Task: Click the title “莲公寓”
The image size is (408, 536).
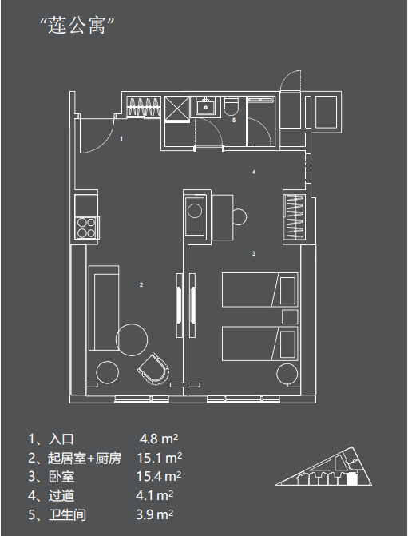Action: point(77,25)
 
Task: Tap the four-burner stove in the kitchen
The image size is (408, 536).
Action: point(86,228)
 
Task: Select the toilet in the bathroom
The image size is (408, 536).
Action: point(232,105)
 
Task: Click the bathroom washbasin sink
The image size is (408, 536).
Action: point(205,106)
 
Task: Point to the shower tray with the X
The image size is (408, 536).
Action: point(177,109)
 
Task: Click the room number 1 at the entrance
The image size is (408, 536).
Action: point(121,139)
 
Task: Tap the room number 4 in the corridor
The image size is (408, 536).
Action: point(254,172)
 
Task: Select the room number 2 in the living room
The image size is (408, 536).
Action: point(141,284)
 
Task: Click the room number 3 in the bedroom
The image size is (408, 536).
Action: point(254,253)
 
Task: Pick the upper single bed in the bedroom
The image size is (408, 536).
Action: point(259,289)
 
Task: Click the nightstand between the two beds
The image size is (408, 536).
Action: point(290,317)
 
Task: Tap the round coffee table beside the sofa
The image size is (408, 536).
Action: point(132,339)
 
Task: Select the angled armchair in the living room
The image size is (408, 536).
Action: point(154,369)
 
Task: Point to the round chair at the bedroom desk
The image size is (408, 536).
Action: point(240,216)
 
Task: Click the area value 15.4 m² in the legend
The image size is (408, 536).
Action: point(159,476)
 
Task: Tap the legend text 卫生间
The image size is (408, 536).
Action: point(67,514)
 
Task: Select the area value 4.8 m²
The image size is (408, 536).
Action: point(159,439)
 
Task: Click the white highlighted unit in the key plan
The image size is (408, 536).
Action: point(351,479)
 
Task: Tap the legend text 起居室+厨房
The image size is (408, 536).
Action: point(85,458)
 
